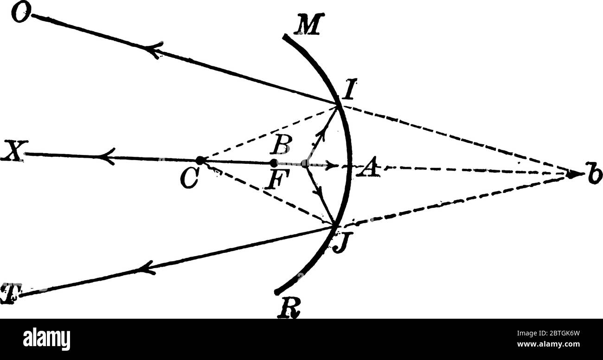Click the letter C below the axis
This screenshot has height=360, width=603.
190,179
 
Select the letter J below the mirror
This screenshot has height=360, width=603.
340,243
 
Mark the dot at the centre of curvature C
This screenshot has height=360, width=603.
200,161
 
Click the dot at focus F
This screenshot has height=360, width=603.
274,163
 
